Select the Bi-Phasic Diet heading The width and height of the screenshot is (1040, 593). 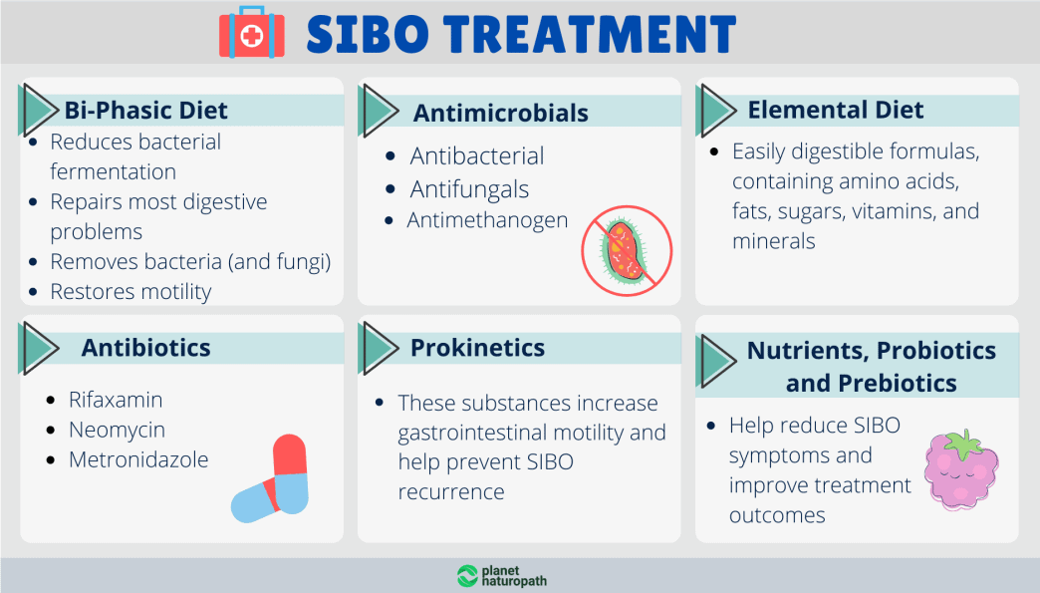[x=146, y=111]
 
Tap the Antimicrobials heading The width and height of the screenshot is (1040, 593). [x=500, y=113]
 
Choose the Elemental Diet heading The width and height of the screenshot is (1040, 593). [x=835, y=111]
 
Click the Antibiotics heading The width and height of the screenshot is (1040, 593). [x=145, y=348]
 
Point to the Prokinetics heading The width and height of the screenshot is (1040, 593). [x=477, y=348]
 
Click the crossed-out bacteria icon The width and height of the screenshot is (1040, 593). [x=627, y=250]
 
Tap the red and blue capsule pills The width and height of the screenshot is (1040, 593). [x=271, y=478]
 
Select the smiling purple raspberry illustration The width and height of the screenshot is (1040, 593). [x=961, y=468]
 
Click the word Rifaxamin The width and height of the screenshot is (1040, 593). [x=116, y=401]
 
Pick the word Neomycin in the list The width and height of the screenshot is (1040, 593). [x=117, y=431]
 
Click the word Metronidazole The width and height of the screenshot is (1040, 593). [x=138, y=460]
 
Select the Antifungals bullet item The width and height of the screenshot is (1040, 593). [x=469, y=189]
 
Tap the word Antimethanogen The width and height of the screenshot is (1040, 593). [x=487, y=220]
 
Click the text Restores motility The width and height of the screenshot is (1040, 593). [x=130, y=292]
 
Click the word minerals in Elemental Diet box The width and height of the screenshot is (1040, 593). [x=773, y=241]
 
